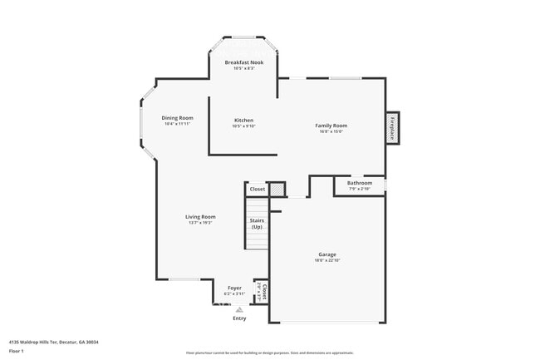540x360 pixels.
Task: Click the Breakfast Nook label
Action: pyautogui.click(x=243, y=62)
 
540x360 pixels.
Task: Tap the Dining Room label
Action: pyautogui.click(x=177, y=117)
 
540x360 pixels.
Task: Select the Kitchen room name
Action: pyautogui.click(x=243, y=120)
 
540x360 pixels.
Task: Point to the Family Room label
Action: pyautogui.click(x=331, y=126)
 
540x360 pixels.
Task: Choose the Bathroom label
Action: pyautogui.click(x=360, y=183)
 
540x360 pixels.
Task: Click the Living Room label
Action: pyautogui.click(x=200, y=217)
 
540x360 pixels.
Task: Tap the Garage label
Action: pyautogui.click(x=327, y=254)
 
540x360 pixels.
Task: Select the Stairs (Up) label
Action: pyautogui.click(x=257, y=224)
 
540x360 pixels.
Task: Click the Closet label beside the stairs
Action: pyautogui.click(x=258, y=189)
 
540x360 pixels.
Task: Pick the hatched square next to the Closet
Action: pyautogui.click(x=277, y=189)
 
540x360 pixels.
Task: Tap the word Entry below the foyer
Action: pyautogui.click(x=239, y=318)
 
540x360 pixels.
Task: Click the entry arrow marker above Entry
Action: pyautogui.click(x=239, y=309)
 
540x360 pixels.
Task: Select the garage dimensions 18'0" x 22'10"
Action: pyautogui.click(x=327, y=261)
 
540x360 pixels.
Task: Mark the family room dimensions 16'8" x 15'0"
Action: pyautogui.click(x=331, y=131)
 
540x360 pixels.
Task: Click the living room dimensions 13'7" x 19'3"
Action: pyautogui.click(x=200, y=223)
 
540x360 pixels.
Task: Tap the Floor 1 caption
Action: pyautogui.click(x=17, y=351)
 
